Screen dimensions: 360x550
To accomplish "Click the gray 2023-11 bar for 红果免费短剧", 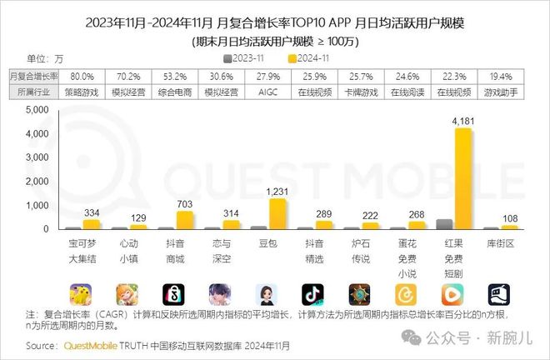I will coord(445,224).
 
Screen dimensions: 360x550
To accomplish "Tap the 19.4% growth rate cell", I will coord(502,76).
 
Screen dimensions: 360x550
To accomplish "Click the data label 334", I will coord(92,212).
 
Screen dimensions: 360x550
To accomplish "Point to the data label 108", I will coord(508,217).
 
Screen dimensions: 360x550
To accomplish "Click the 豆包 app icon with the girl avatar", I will coord(267,295).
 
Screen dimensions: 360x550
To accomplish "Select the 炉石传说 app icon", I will coord(361,295).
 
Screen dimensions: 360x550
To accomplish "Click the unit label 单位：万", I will coord(47,58).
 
